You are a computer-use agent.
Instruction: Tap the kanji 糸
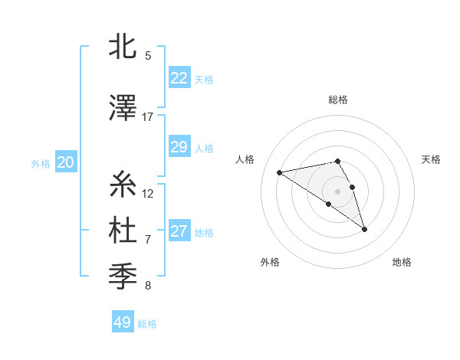click(123, 185)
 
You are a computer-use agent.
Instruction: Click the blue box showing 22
click(179, 77)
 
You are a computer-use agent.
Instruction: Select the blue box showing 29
click(179, 147)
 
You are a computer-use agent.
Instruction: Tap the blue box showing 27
click(179, 231)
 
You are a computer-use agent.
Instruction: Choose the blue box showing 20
click(65, 162)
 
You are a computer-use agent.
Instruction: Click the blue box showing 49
click(122, 322)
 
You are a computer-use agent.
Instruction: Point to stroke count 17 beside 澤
click(148, 116)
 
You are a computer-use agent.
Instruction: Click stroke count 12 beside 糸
click(148, 193)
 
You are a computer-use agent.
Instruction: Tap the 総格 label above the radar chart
click(337, 100)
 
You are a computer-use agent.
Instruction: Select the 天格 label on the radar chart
click(431, 159)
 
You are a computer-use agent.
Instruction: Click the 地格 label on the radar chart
click(402, 263)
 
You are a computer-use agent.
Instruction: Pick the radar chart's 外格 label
click(270, 263)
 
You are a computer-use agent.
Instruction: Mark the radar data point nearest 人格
click(280, 172)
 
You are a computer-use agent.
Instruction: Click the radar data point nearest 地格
click(364, 228)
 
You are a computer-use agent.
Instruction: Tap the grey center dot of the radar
click(337, 191)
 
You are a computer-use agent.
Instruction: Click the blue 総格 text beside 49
click(147, 324)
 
